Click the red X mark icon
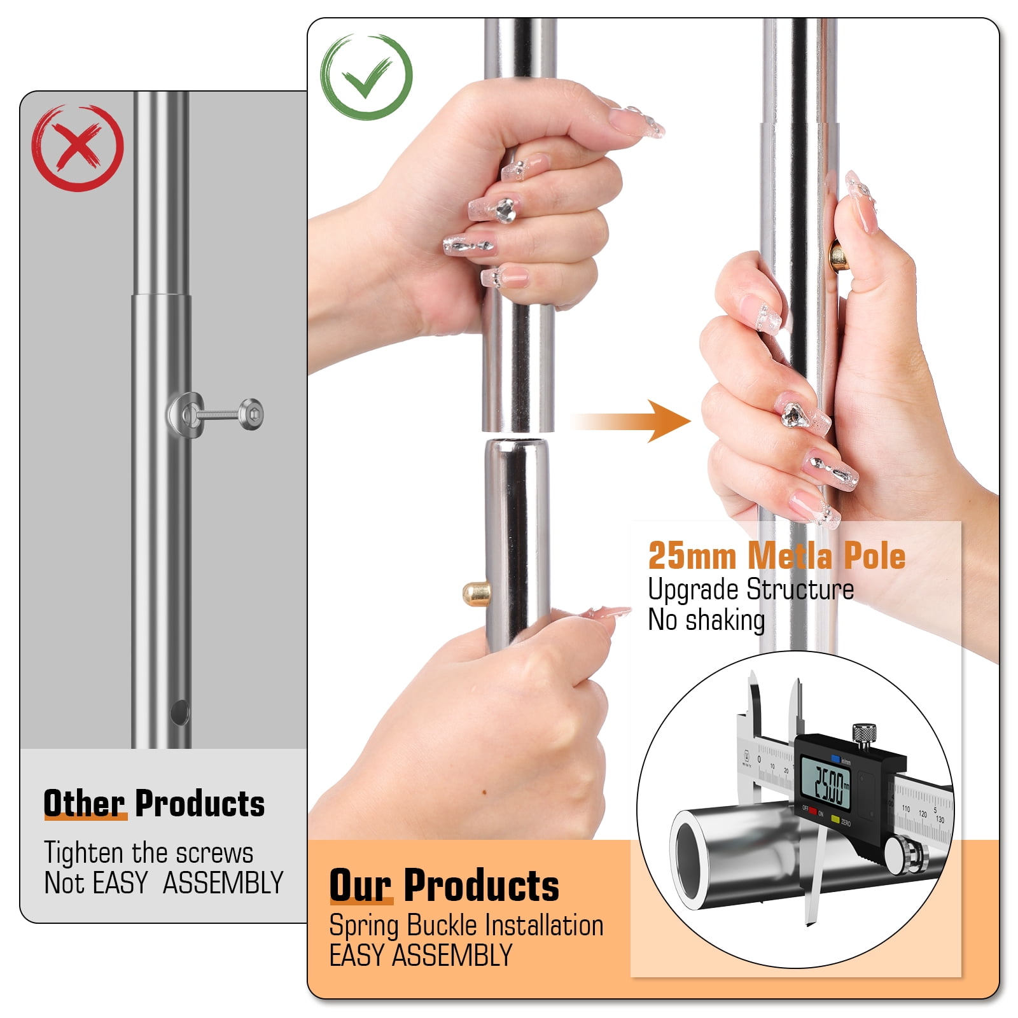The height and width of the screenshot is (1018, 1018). [78, 148]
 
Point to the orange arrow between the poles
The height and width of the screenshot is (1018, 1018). [630, 421]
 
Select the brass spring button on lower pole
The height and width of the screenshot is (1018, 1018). [476, 594]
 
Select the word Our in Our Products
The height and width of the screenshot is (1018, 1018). [360, 885]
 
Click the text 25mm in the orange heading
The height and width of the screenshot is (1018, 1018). [692, 555]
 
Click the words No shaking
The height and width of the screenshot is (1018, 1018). [706, 620]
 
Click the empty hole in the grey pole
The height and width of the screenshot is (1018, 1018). [180, 713]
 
